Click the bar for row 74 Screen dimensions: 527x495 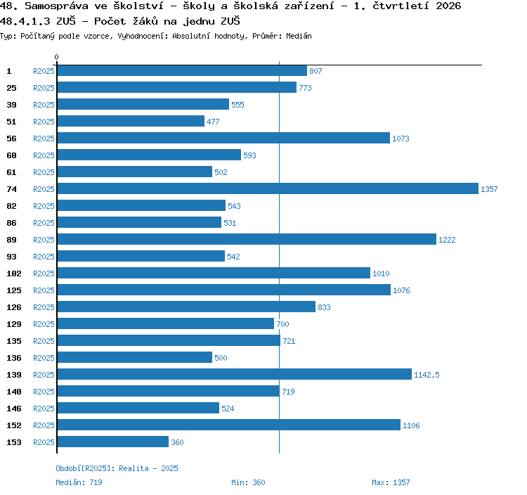point(268,188)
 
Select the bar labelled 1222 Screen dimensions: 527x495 point(247,239)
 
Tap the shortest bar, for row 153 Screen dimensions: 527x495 point(113,442)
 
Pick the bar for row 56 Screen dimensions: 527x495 point(223,138)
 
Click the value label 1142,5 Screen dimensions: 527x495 point(427,375)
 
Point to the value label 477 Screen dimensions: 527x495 point(213,122)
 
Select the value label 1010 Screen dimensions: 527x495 point(381,274)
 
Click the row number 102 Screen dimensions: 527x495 point(14,274)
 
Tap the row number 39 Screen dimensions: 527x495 point(11,105)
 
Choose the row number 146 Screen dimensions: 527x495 point(14,409)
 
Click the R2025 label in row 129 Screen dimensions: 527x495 point(44,324)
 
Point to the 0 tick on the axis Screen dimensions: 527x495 point(56,57)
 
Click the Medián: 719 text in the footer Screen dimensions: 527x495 point(79,482)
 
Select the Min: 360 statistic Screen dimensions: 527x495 point(248,482)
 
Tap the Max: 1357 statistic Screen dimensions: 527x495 point(391,482)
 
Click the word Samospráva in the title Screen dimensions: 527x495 point(56,6)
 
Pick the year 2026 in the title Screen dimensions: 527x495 point(448,6)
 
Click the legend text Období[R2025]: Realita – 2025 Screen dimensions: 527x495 point(117,468)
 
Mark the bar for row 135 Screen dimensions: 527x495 point(169,340)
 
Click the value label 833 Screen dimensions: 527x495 point(324,307)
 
